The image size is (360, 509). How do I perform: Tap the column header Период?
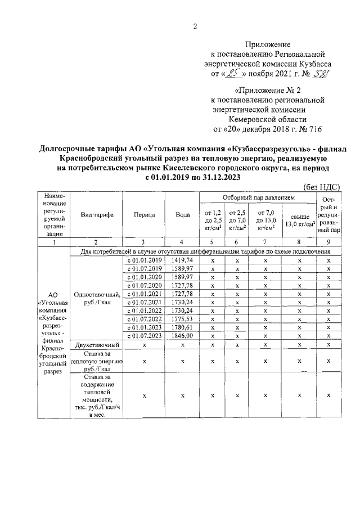144,215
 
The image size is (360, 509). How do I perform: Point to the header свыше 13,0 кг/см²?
299,220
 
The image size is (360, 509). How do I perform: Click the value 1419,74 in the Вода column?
182,260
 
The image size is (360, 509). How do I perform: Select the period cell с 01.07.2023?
144,335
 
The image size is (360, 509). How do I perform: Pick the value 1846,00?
182,335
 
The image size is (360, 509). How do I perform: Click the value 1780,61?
182,327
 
